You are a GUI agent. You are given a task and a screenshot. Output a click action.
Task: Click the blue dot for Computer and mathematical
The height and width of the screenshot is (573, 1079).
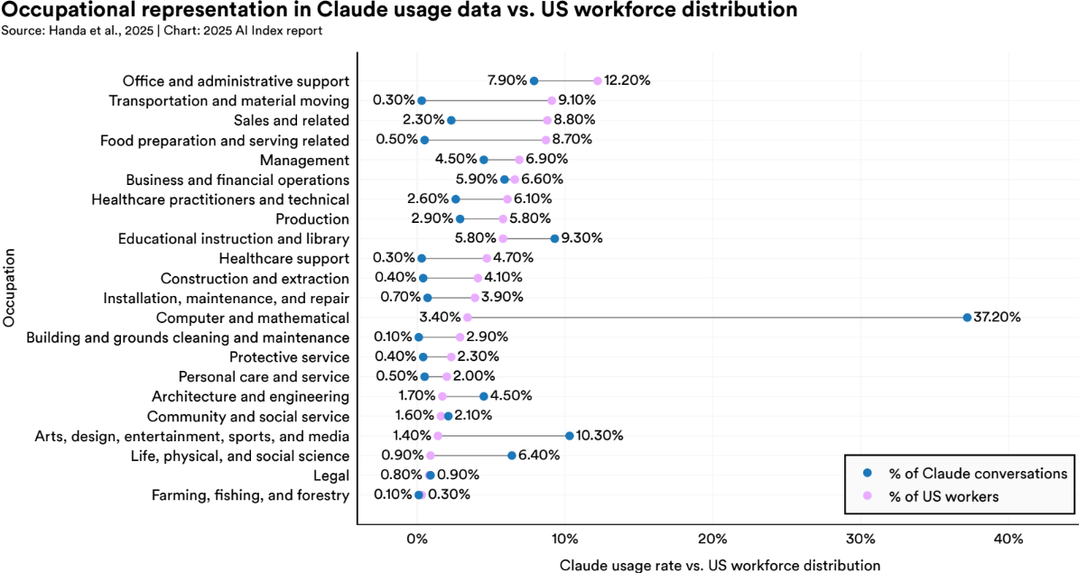[967, 318]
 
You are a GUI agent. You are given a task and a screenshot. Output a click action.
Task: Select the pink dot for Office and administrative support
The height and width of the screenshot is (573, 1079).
[598, 80]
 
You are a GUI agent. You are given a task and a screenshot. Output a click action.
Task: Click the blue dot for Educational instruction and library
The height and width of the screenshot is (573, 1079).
[554, 238]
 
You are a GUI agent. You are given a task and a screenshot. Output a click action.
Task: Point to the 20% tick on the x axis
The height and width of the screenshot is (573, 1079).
[712, 539]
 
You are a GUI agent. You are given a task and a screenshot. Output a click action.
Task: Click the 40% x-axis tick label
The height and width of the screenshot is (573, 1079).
[1008, 539]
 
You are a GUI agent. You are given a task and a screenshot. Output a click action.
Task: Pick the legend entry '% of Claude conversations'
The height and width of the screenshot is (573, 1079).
[977, 473]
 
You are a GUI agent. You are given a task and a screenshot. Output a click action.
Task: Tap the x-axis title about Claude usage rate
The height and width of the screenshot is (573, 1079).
[719, 565]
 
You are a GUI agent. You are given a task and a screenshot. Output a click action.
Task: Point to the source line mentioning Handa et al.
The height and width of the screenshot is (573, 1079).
[162, 30]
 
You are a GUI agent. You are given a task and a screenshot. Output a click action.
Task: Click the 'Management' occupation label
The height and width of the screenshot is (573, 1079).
[304, 160]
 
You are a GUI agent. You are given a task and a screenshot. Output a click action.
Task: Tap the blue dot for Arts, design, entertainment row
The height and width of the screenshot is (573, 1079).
[569, 436]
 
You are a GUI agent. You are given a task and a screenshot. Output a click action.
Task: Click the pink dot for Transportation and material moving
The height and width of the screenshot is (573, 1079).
[552, 100]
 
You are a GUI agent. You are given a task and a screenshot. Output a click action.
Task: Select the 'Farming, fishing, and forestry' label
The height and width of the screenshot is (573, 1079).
[250, 495]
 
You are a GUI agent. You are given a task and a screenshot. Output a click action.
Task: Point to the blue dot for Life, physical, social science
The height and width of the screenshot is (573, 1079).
[511, 456]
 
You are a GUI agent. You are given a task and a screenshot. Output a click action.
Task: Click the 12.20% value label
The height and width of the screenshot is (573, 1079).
[628, 80]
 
